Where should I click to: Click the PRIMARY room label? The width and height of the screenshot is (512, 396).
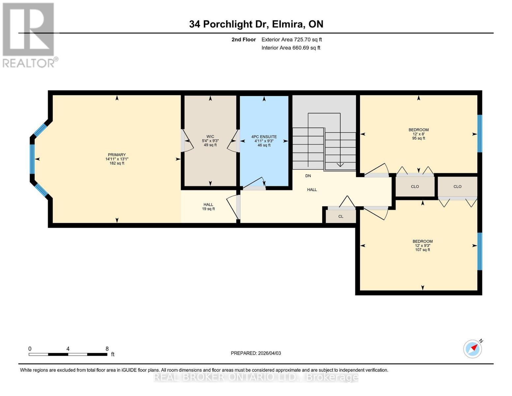(117, 155)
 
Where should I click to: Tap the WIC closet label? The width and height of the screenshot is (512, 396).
(210, 137)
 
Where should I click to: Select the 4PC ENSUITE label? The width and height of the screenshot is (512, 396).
(264, 137)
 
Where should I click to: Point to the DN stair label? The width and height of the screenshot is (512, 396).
(308, 176)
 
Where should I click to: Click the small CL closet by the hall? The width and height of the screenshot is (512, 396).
(341, 216)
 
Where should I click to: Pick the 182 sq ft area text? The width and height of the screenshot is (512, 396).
(117, 163)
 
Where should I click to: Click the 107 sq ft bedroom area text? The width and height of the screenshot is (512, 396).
(422, 249)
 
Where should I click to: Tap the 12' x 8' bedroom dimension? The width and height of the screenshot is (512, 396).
(418, 134)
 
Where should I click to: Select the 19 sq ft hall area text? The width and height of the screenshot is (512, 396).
(208, 209)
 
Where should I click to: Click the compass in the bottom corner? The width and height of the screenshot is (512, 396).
(472, 349)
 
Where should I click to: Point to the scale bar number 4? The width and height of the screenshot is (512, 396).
(68, 348)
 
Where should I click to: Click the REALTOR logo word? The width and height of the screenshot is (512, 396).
(29, 63)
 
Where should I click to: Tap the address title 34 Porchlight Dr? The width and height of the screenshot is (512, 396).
(229, 24)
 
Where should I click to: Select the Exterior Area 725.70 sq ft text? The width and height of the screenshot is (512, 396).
(291, 40)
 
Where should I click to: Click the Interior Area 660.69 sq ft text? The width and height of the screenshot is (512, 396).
(291, 48)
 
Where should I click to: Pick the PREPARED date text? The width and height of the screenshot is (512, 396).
(256, 353)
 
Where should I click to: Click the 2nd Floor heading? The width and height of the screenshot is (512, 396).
(243, 40)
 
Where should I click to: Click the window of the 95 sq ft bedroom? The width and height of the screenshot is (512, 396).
(480, 134)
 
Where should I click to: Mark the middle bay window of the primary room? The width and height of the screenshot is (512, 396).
(32, 159)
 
